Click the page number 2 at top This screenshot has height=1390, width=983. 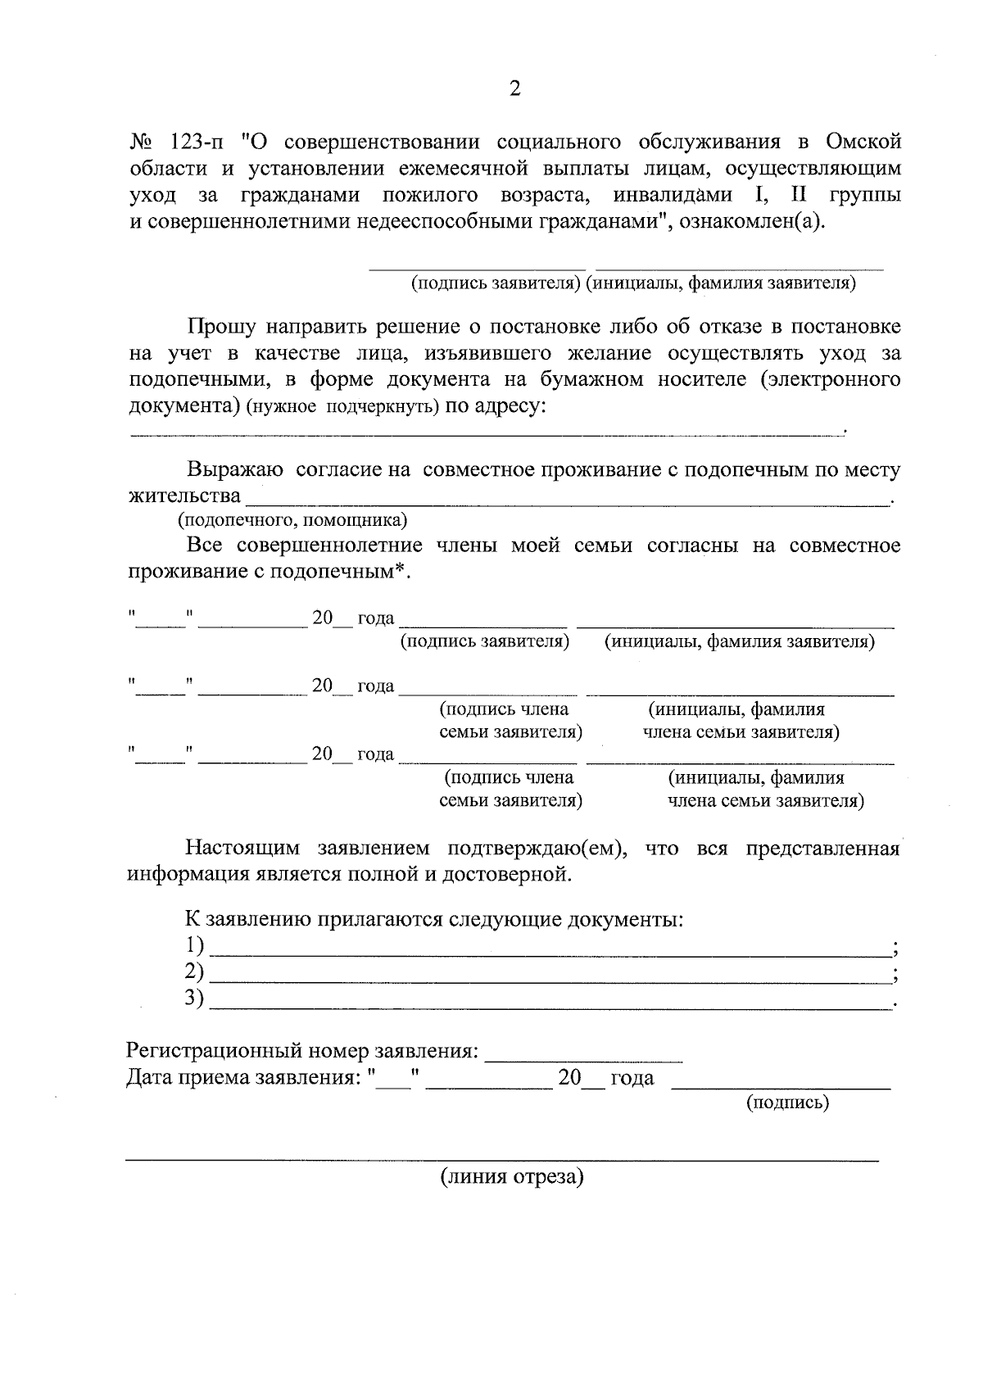pos(514,89)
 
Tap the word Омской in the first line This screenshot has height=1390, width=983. pos(863,142)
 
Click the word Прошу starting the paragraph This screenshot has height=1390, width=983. pos(221,327)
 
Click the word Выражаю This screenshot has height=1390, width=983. pos(235,470)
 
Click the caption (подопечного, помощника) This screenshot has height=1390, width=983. pos(292,520)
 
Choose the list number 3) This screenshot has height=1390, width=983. pos(193,998)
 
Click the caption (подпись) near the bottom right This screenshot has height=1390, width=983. pos(787,1103)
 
